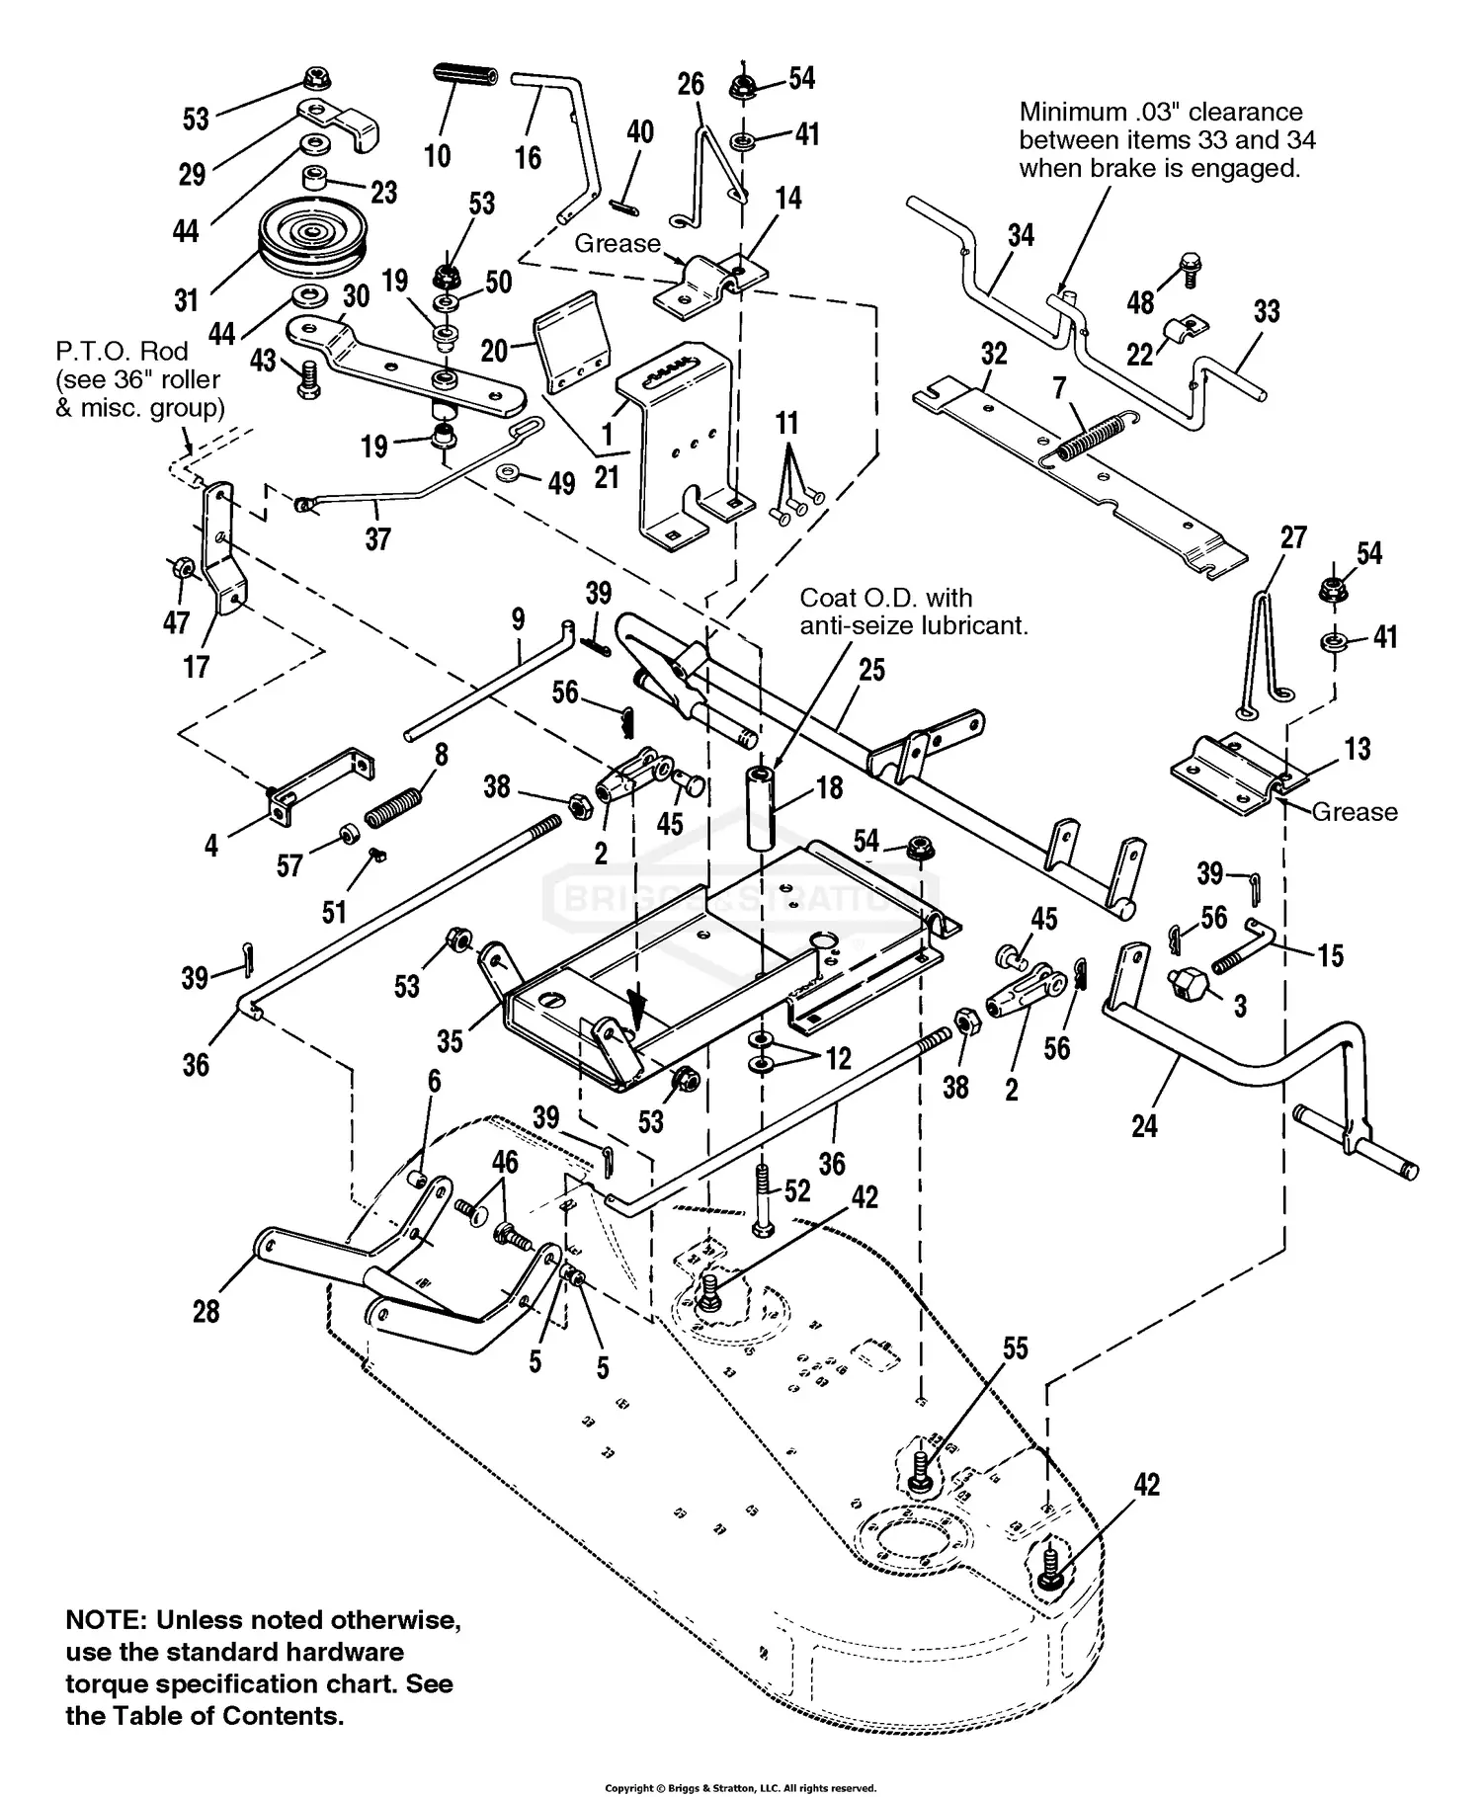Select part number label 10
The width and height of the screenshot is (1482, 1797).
pyautogui.click(x=438, y=155)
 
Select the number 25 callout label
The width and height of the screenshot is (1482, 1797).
pyautogui.click(x=871, y=670)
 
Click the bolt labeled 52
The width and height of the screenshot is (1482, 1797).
pyautogui.click(x=763, y=1198)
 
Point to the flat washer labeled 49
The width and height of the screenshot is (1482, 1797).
pyautogui.click(x=511, y=473)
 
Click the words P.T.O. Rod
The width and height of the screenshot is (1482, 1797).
pyautogui.click(x=122, y=351)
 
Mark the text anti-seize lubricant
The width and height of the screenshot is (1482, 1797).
pyautogui.click(x=914, y=625)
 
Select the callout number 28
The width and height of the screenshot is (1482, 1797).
pyautogui.click(x=206, y=1312)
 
